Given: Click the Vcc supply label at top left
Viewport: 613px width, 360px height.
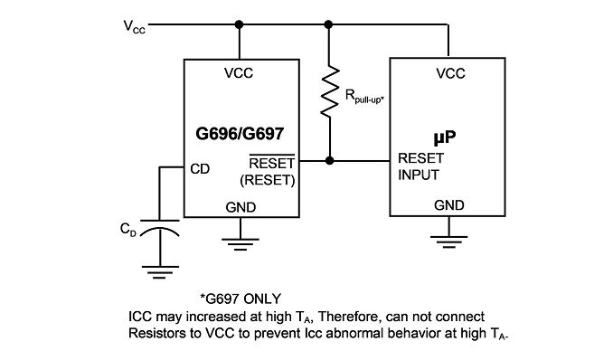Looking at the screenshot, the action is point(134,26).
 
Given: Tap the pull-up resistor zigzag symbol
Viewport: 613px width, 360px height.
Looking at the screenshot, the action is point(330,90).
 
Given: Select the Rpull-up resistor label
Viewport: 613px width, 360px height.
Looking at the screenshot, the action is point(364,96).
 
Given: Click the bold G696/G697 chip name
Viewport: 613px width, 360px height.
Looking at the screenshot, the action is point(240,134).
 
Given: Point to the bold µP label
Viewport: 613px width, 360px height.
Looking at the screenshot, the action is point(445,137).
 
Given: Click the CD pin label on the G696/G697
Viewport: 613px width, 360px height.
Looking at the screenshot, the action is point(200,169).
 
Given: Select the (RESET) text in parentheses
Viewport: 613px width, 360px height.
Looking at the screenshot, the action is point(268,180).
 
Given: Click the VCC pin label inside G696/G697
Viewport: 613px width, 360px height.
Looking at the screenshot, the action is point(239,73).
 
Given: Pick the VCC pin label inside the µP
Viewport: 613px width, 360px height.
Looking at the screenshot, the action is point(450,73).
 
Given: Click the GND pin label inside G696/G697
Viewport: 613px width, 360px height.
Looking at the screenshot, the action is point(240,207).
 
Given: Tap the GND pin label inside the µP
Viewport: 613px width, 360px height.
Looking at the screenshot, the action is point(449,205).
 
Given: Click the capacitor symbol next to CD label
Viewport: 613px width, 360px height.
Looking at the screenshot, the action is point(159,229).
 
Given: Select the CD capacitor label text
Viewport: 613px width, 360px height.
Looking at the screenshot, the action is point(128,230).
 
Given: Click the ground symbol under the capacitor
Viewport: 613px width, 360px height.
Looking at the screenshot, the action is point(160,272).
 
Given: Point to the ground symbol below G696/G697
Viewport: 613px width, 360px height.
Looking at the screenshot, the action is point(240,244).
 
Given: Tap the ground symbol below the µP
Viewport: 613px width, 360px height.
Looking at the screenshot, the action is point(448,242).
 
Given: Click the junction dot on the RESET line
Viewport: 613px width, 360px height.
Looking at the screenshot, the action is point(330,160).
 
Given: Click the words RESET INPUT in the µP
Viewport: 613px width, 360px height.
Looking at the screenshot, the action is point(420,166).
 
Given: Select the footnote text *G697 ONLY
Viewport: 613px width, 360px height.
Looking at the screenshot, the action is point(240,299).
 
